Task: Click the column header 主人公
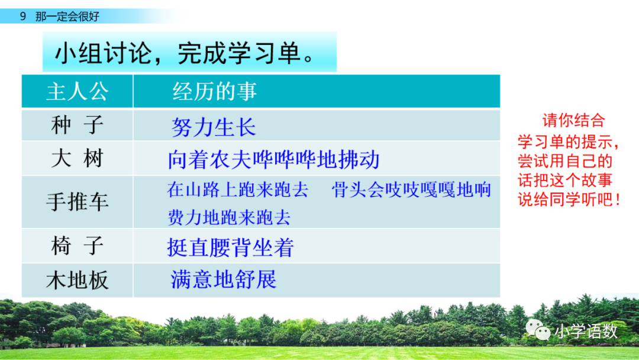78,92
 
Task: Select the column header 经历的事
214,92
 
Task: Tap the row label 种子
78,125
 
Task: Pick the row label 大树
78,159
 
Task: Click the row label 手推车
78,202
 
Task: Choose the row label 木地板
78,280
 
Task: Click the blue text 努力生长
214,127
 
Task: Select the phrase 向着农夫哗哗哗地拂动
273,160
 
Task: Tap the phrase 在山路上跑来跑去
238,190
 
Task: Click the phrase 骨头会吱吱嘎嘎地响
411,190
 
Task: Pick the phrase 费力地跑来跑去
229,217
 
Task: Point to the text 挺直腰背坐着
230,247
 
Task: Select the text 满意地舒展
223,279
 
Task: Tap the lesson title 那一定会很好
67,17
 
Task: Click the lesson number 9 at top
22,17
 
